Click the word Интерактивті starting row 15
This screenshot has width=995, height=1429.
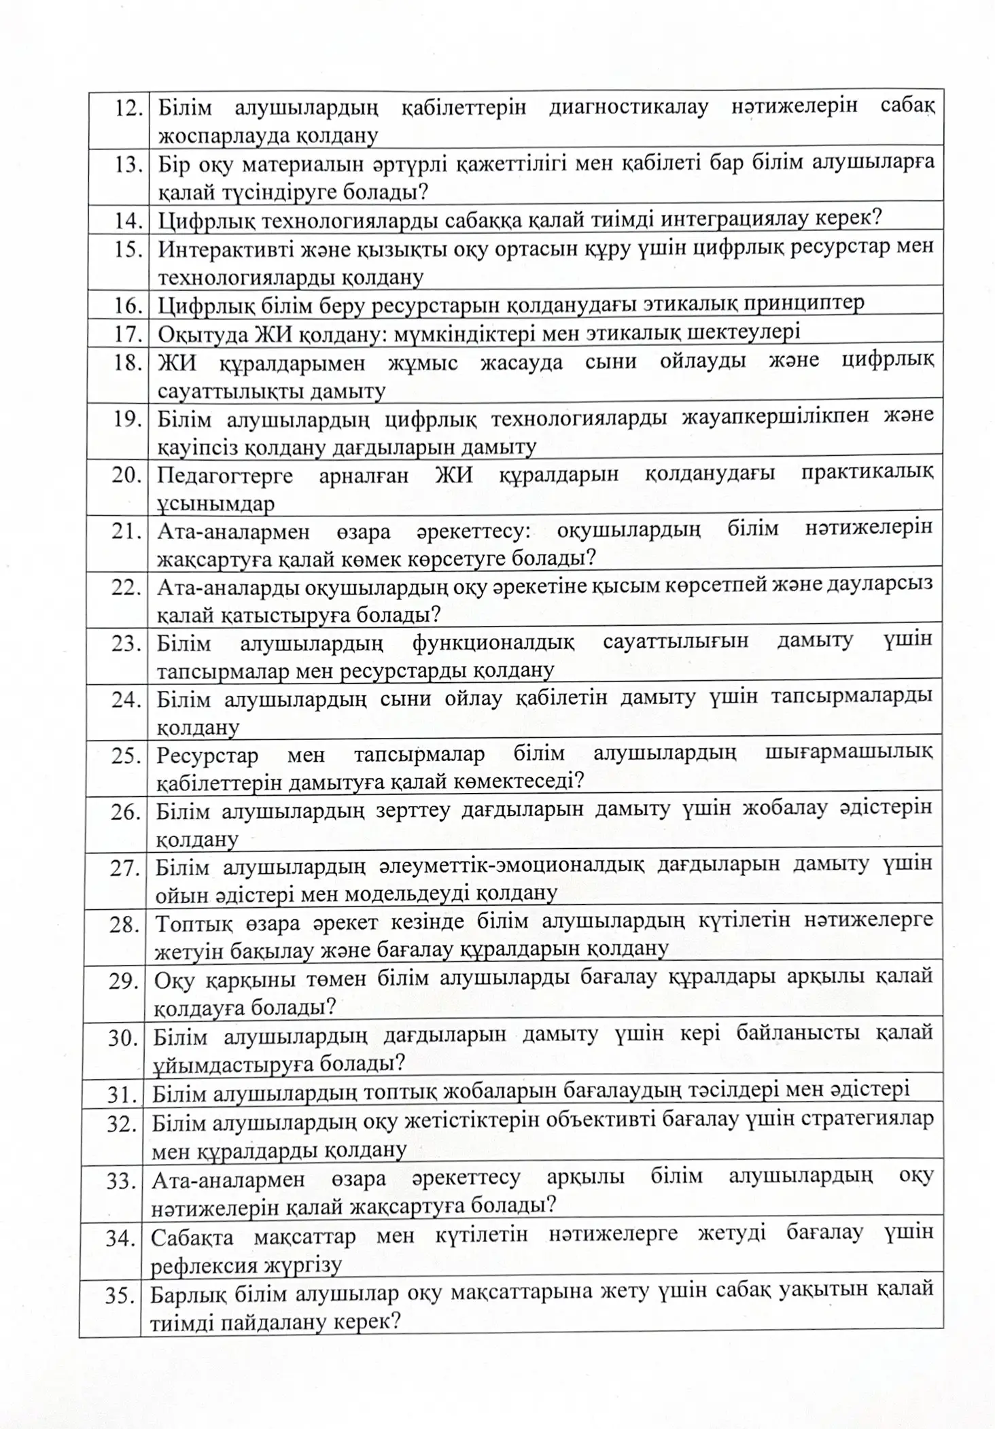click(x=224, y=249)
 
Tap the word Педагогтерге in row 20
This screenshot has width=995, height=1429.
click(x=225, y=475)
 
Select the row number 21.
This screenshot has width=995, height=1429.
click(x=126, y=531)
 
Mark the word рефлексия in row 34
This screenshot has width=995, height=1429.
click(x=202, y=1265)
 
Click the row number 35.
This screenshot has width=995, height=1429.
click(x=121, y=1296)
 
